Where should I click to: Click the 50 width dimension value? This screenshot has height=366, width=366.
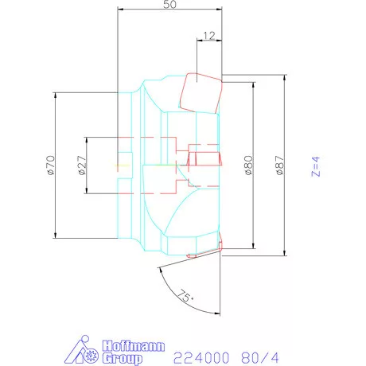[169, 5]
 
